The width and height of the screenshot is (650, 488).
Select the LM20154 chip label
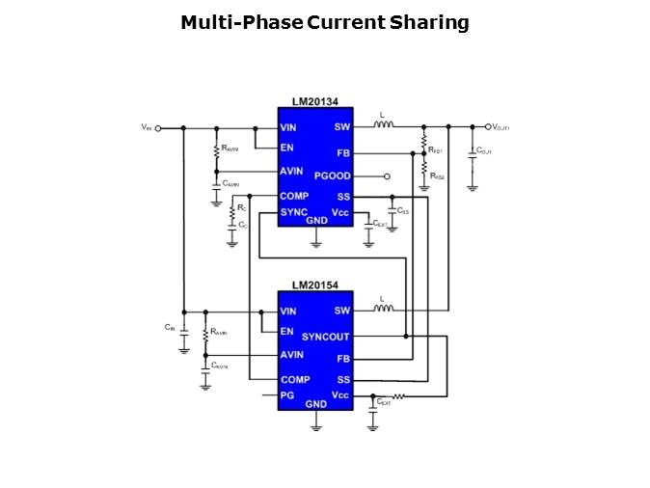(314, 285)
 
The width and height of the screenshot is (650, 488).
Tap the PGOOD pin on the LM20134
(333, 176)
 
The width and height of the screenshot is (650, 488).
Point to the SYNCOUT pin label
(325, 337)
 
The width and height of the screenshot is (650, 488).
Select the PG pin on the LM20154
(287, 395)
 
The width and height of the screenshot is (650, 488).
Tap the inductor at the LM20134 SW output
(383, 125)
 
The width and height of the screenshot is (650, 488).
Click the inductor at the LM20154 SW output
(383, 310)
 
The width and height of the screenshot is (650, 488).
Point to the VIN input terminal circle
(158, 127)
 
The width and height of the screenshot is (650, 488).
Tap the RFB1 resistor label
(436, 150)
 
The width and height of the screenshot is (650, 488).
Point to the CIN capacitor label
(170, 328)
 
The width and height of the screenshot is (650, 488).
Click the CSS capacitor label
(403, 210)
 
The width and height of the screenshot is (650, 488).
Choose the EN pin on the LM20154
(286, 332)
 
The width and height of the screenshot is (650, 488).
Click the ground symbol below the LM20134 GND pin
(316, 242)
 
